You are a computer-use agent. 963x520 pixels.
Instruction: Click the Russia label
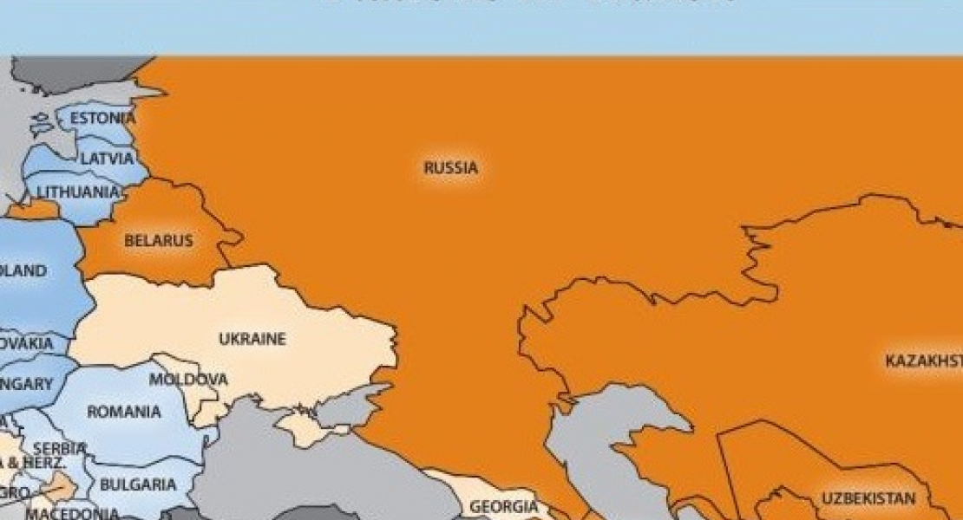point(450,168)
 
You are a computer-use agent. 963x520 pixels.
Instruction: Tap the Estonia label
point(102,118)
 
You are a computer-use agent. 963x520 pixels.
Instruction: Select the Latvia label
point(108,159)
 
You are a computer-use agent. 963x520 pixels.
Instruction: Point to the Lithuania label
point(79,192)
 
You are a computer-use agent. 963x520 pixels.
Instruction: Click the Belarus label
point(158,241)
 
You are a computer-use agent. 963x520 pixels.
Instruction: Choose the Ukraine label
point(252,339)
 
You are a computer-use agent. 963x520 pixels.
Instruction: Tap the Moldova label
point(188,380)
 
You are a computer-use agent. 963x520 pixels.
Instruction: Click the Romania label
point(124,412)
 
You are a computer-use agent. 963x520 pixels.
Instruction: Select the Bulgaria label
point(138,484)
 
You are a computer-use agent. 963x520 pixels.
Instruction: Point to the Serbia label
point(59,448)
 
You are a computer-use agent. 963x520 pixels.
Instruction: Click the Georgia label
point(503,506)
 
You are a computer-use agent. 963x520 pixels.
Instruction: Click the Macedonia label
point(72,513)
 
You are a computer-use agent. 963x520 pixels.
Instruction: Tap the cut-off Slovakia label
point(27,343)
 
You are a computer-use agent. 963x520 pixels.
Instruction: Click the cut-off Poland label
point(23,271)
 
